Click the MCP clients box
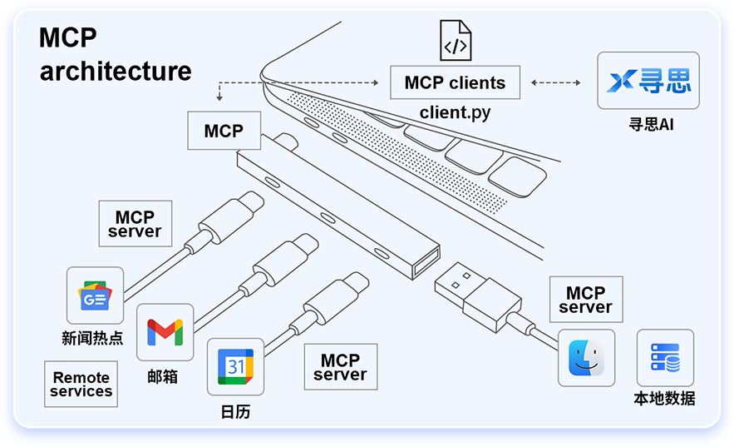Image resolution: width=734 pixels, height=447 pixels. tap(455, 83)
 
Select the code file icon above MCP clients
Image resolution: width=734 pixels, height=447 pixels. tap(455, 42)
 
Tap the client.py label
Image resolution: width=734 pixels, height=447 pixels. tap(455, 112)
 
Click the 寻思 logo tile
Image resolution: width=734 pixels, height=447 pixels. tap(648, 81)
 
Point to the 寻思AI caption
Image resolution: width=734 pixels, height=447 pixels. tap(649, 126)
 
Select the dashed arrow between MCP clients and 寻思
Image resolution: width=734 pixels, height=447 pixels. tap(556, 83)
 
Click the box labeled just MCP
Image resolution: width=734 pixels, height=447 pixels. tap(224, 131)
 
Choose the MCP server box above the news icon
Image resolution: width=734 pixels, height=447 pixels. tap(135, 223)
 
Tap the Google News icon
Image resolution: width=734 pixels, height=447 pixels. tap(95, 296)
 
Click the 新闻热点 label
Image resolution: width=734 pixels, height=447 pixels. tap(92, 339)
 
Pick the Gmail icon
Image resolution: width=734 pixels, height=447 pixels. tap(165, 331)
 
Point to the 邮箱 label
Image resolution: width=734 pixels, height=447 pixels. tap(163, 376)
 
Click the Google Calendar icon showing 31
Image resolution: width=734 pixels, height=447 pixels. tap(235, 366)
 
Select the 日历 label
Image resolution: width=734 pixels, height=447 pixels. tap(235, 412)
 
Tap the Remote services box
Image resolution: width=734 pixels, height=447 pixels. tap(81, 384)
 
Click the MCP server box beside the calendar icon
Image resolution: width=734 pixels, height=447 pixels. tap(340, 367)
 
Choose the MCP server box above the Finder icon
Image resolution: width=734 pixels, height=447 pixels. tap(585, 300)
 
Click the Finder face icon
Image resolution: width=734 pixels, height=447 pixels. tap(586, 358)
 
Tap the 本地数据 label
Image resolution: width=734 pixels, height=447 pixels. tap(664, 399)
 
